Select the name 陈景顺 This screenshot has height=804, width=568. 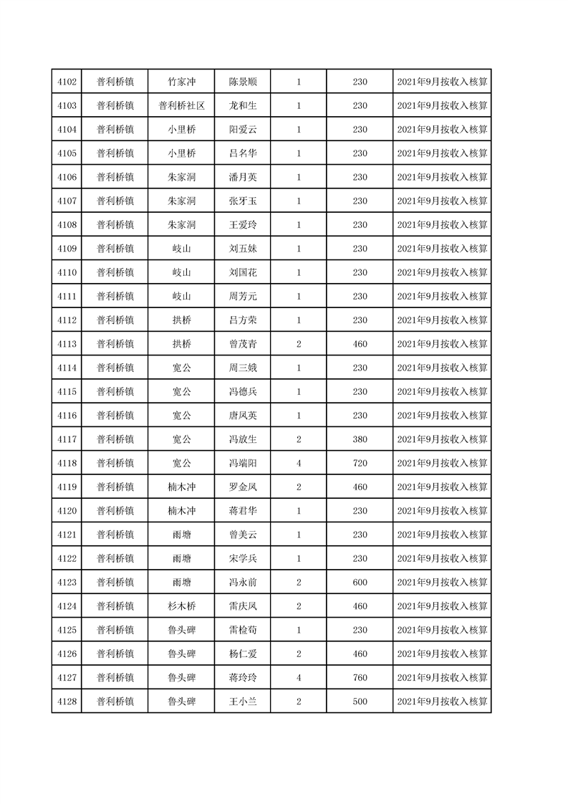[x=243, y=82]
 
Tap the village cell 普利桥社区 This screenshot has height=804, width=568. [x=181, y=105]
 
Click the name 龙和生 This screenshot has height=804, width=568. [x=243, y=105]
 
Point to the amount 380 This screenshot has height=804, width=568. [x=360, y=439]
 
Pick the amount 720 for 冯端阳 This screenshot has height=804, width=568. [x=360, y=463]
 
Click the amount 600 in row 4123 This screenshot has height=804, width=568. [x=360, y=583]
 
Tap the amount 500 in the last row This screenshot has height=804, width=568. [x=360, y=702]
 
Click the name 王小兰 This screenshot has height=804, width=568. [x=243, y=702]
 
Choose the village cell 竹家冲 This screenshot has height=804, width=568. [x=181, y=82]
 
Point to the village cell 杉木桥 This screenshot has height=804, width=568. [x=181, y=606]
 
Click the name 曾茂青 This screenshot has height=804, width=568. [x=243, y=344]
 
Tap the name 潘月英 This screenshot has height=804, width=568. [x=243, y=177]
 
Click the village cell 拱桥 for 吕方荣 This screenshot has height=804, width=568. [x=181, y=320]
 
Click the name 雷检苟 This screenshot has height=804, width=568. [x=243, y=630]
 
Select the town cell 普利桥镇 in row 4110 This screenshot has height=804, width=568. [x=115, y=272]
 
